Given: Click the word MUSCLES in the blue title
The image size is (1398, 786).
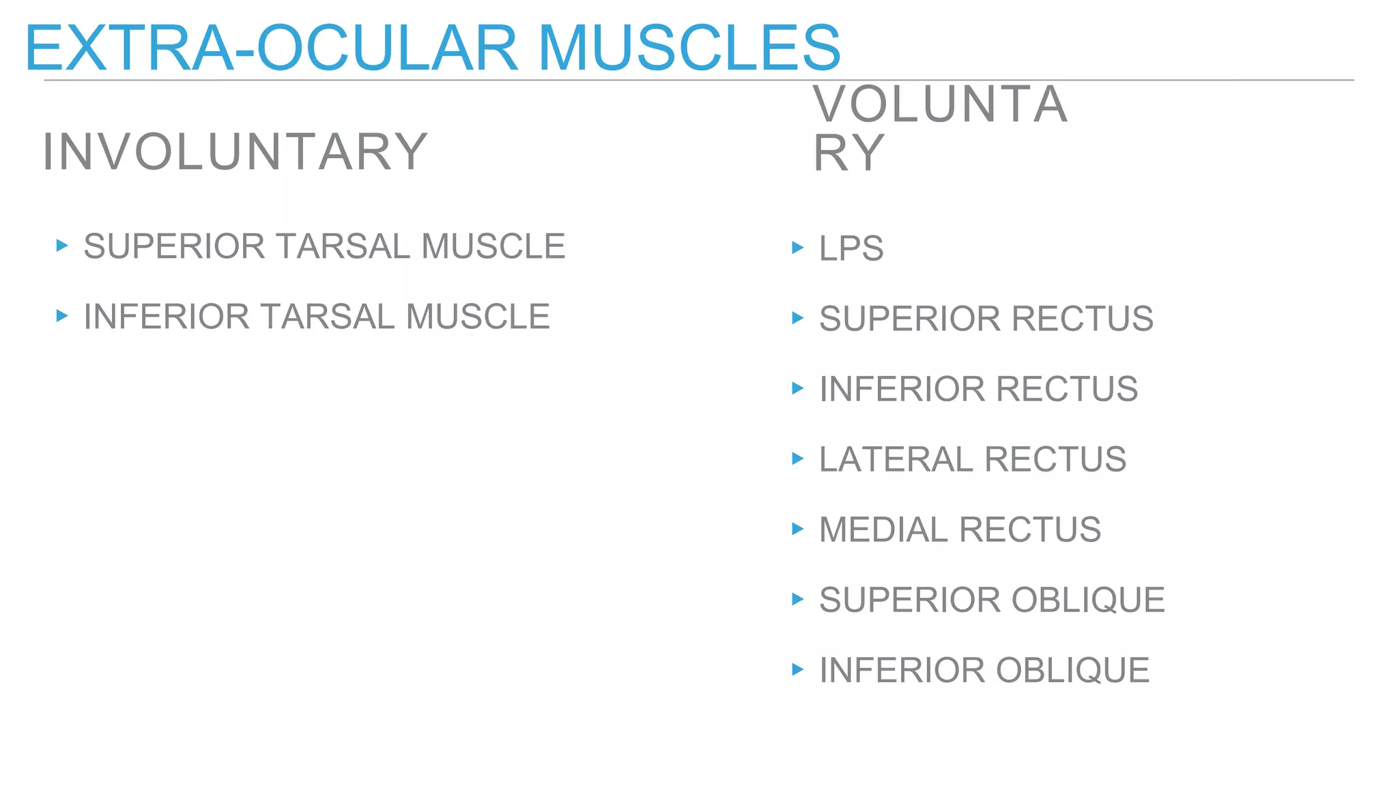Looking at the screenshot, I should coord(689,48).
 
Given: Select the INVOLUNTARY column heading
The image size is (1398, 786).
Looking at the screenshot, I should coord(235,151).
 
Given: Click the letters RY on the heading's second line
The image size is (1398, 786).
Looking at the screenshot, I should coord(848,154).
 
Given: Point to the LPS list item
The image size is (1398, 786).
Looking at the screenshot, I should coord(851,248).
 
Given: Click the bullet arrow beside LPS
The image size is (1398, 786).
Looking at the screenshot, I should coord(797,248).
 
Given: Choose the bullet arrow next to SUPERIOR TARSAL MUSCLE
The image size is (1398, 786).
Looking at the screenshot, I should coord(62,246).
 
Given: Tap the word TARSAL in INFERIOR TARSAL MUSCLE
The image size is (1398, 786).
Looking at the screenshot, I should coord(327,317).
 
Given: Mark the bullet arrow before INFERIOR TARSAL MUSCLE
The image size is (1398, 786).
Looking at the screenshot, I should coord(62,316).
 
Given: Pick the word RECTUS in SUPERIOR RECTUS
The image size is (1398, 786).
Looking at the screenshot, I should coord(1082,319).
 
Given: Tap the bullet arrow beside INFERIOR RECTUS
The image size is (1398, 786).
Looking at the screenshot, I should coord(797,388).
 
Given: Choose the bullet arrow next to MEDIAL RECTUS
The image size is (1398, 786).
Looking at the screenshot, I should coord(797,529).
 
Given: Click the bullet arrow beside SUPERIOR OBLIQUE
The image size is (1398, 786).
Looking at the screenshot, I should coord(797,599).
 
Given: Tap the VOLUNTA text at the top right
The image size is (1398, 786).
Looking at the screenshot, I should coord(940,104).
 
